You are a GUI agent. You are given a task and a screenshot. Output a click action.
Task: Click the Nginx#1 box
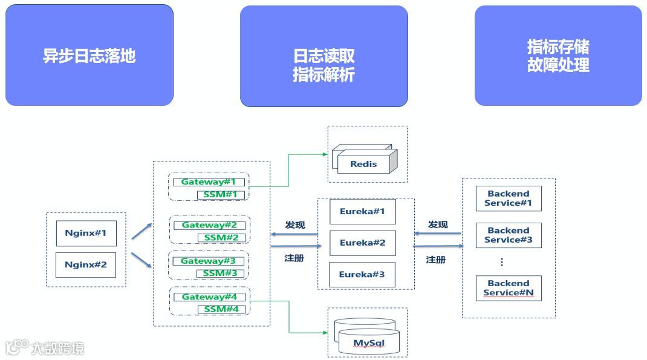(x=86, y=233)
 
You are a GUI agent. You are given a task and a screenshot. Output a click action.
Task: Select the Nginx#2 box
(x=85, y=264)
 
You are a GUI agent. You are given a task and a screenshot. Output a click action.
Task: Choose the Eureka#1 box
(x=362, y=212)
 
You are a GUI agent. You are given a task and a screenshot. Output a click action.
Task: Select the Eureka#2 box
(x=362, y=243)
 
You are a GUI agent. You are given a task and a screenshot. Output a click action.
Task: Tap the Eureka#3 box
(x=362, y=274)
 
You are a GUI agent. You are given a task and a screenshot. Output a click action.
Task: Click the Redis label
(x=363, y=163)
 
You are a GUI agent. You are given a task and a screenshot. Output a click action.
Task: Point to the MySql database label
(x=369, y=344)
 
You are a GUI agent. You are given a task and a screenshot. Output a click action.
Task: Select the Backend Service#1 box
(x=508, y=198)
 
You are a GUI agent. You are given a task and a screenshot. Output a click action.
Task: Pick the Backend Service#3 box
(x=508, y=235)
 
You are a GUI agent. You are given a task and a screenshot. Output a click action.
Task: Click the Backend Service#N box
(x=508, y=288)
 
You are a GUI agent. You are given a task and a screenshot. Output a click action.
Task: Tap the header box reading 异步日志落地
(x=89, y=56)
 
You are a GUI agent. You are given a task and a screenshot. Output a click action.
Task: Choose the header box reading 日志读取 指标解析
(x=323, y=65)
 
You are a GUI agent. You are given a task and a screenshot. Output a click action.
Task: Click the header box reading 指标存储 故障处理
(x=558, y=56)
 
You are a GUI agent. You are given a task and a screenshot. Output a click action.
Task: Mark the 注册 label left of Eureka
(x=294, y=258)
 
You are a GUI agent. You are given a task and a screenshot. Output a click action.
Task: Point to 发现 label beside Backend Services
(x=438, y=224)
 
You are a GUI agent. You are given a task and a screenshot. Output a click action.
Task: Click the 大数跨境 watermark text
(x=57, y=348)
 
